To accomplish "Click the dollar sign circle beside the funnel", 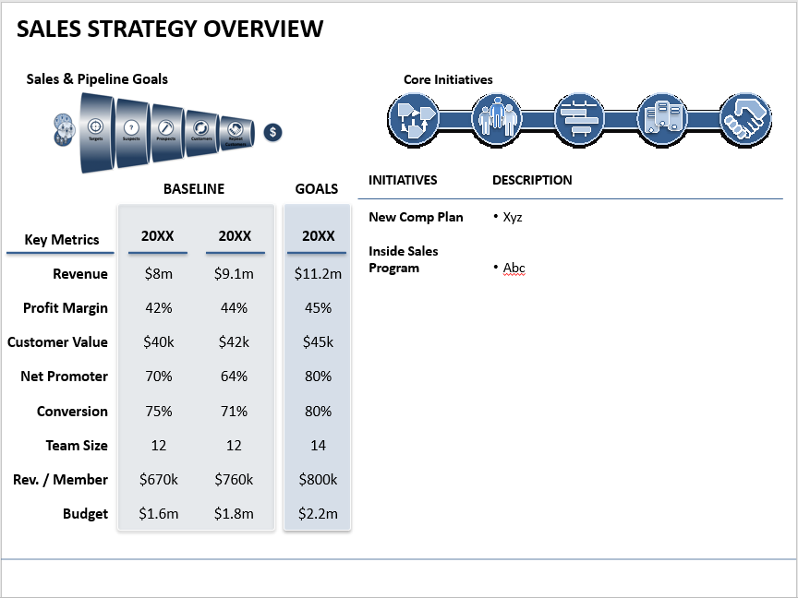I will (x=272, y=132).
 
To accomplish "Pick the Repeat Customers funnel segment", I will (x=236, y=130).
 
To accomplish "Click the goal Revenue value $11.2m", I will (x=318, y=273).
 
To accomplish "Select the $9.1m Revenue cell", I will (x=235, y=273).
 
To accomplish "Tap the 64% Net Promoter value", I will (x=235, y=377).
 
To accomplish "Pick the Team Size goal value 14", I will (x=318, y=445).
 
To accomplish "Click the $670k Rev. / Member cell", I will (x=159, y=480).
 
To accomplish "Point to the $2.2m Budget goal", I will (x=318, y=514).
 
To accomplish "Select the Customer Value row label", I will (x=57, y=342).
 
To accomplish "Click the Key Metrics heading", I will (x=62, y=240).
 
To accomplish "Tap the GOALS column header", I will (x=317, y=188).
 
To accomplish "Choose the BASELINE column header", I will (x=194, y=188).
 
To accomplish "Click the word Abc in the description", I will (x=514, y=269).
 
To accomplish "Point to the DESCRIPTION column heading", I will (x=532, y=180).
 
